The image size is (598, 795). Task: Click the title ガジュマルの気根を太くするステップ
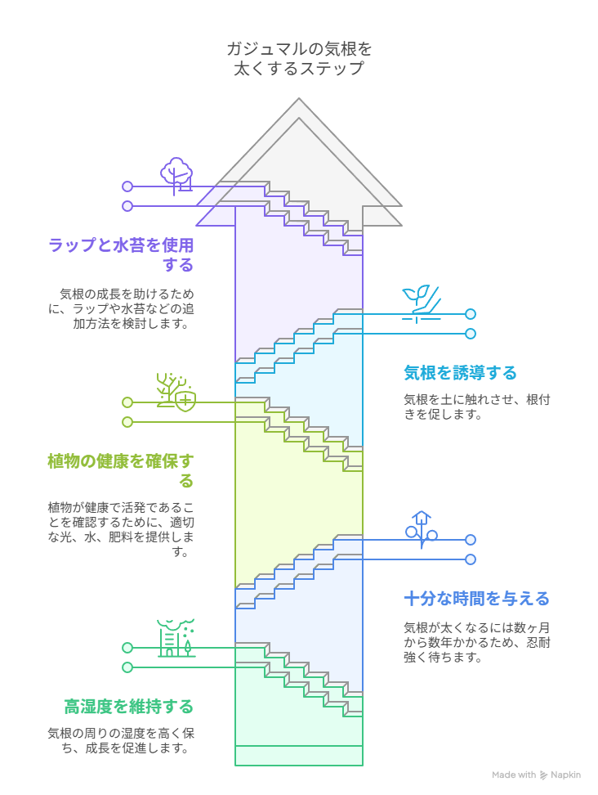click(299, 59)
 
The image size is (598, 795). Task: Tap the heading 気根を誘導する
click(460, 373)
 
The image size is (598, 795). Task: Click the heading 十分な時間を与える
click(476, 599)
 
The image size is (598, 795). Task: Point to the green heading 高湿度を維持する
click(128, 706)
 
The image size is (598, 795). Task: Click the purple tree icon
click(176, 174)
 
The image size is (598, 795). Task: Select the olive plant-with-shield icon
click(176, 392)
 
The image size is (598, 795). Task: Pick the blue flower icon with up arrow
click(421, 529)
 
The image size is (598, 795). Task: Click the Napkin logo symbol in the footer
click(544, 775)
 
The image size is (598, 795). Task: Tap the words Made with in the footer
click(514, 775)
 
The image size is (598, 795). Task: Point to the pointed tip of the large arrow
click(300, 101)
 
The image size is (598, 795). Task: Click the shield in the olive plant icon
click(186, 401)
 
